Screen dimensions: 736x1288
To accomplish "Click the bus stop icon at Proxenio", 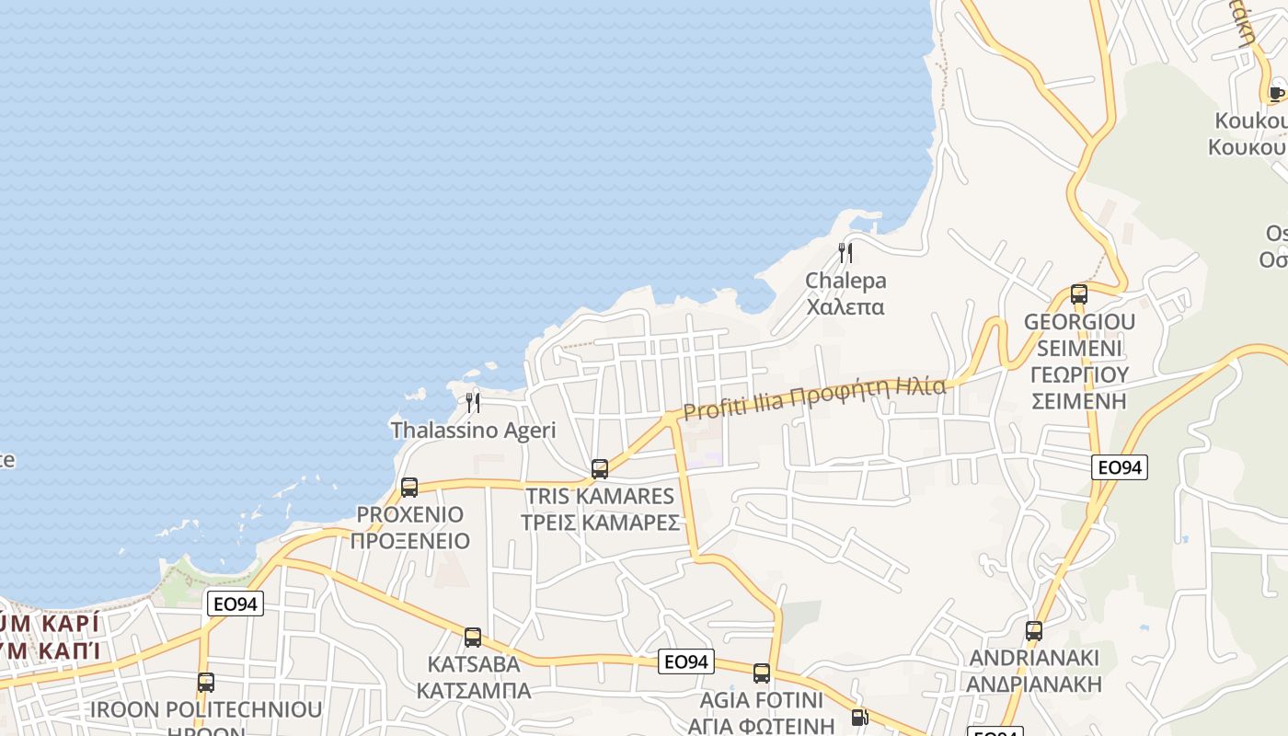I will (x=409, y=487).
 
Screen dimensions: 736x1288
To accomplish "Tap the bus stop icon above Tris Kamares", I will (x=600, y=469).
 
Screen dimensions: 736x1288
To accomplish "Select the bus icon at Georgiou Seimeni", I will (x=1079, y=294).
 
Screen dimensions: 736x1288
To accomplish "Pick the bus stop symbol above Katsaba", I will (x=473, y=637).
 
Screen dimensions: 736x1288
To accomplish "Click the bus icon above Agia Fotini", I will (x=762, y=673).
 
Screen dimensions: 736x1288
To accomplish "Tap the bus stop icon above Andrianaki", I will (x=1034, y=630).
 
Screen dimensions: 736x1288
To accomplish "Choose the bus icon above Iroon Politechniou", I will (x=206, y=683).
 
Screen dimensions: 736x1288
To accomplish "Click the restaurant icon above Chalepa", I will (x=845, y=252).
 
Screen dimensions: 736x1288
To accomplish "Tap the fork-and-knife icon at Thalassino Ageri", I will (x=473, y=402).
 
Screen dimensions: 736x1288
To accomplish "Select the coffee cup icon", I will (x=1276, y=92).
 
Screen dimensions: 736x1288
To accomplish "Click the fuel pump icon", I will (x=859, y=718).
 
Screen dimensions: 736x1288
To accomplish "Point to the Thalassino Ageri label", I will (x=473, y=430).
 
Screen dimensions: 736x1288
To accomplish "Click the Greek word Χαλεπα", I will (x=845, y=306).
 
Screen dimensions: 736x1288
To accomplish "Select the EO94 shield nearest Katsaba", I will (x=686, y=661).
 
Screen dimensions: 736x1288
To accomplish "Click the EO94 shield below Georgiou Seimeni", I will (x=1120, y=467).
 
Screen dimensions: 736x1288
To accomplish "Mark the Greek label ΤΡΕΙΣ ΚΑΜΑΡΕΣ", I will (x=600, y=523).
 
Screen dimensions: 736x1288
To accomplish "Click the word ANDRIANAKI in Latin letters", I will (x=1034, y=658).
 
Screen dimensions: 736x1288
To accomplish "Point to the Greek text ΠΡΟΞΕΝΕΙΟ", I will (x=409, y=541).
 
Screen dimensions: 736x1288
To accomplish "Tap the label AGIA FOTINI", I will (x=762, y=699).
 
